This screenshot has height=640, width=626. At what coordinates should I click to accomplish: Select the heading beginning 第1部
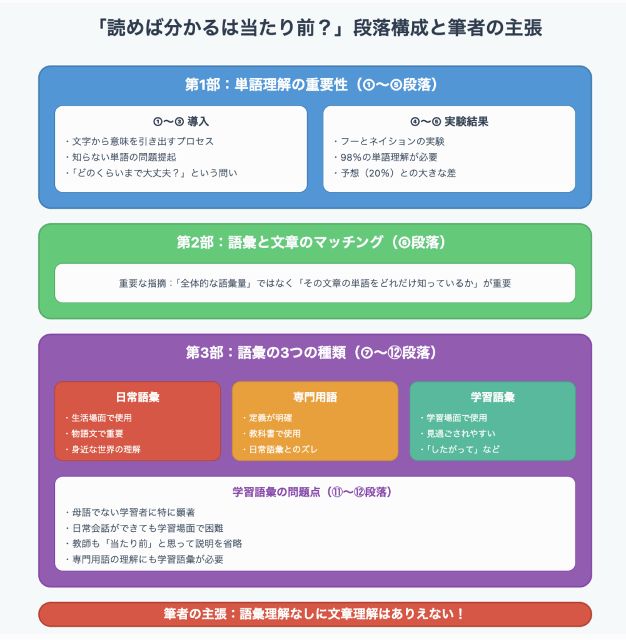click(311, 84)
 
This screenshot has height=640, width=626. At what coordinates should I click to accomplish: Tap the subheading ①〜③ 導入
click(181, 121)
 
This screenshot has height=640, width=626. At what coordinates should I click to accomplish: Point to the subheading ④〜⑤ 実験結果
click(449, 121)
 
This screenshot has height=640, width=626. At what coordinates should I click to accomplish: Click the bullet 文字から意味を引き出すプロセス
click(139, 141)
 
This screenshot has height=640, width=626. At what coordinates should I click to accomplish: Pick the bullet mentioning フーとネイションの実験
click(389, 141)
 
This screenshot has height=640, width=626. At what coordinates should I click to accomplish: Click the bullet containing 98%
click(386, 157)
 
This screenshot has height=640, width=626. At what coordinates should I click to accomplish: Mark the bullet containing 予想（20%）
click(395, 173)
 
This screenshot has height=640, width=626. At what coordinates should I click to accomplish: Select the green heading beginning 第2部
click(311, 242)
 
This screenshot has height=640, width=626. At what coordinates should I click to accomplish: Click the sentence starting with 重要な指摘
click(315, 283)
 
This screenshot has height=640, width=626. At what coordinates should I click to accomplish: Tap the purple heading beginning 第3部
click(311, 352)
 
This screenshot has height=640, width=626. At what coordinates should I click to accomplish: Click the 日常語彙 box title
click(138, 397)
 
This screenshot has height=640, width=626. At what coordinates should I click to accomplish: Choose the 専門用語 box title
click(315, 397)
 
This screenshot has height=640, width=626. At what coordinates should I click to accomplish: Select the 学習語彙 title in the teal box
click(492, 397)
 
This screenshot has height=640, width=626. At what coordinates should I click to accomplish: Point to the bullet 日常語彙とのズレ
click(280, 449)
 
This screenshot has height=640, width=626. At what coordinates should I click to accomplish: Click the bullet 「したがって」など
click(460, 449)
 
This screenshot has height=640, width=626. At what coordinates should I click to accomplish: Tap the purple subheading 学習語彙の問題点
click(313, 492)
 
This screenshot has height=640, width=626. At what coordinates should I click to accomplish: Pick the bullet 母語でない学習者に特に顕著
click(130, 512)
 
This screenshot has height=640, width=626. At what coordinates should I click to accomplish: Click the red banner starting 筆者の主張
click(315, 614)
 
